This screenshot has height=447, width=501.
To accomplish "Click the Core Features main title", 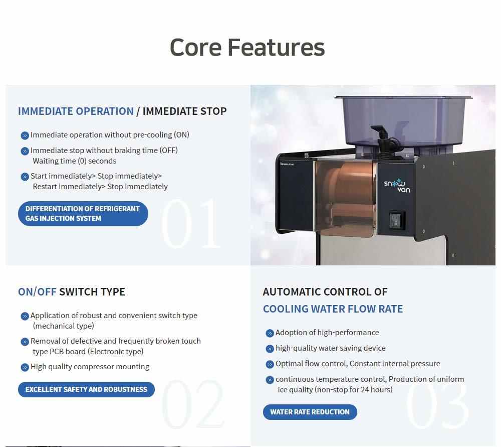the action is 247,47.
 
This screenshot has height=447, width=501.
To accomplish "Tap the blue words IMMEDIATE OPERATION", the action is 76,111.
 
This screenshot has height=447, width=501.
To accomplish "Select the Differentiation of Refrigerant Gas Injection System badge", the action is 83,213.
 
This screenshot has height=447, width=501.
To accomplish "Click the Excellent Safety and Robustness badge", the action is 86,389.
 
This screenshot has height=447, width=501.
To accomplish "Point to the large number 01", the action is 191,223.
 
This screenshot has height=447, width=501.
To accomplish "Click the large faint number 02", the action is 193,404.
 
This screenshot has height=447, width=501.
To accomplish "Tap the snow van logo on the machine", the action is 397,186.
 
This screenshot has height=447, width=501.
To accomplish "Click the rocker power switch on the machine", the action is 396,221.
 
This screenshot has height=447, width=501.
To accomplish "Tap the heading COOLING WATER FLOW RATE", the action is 333,309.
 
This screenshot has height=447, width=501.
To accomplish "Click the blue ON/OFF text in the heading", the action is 37,292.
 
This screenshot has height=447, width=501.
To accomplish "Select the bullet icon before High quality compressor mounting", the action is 25,367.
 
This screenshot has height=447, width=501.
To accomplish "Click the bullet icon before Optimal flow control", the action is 270,364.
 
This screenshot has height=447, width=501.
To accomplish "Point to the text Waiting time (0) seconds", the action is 75,161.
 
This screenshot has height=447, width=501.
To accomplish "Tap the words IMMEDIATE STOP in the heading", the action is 184,111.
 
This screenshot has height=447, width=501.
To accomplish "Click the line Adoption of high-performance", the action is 327,333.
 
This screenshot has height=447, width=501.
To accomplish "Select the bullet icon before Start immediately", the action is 25,177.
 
